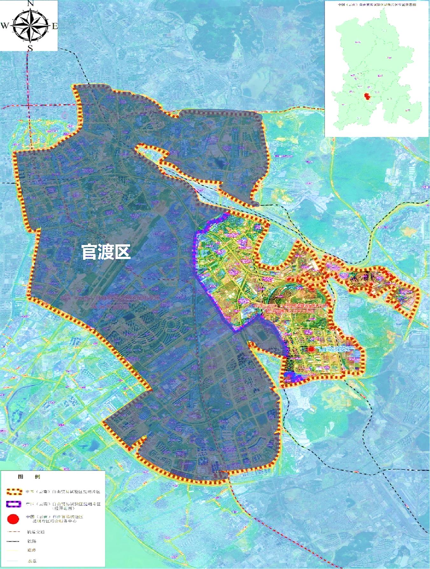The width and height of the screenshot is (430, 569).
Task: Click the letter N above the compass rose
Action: tap(31, 4)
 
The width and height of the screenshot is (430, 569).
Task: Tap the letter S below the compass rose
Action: tap(30, 48)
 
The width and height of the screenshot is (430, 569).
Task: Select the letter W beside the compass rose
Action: tap(5, 26)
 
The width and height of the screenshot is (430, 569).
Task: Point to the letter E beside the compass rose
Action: tap(55, 26)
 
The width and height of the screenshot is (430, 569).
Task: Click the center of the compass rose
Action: tap(30, 26)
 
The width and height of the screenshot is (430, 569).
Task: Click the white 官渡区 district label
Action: tap(106, 252)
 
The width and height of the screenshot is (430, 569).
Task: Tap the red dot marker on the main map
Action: tap(311, 349)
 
